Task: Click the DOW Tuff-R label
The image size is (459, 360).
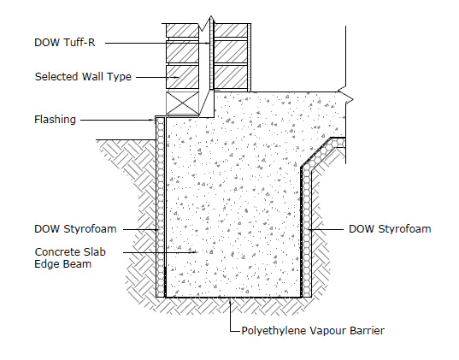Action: pyautogui.click(x=65, y=43)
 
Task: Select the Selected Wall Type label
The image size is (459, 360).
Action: pyautogui.click(x=83, y=77)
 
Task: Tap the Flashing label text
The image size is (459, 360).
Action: pyautogui.click(x=55, y=120)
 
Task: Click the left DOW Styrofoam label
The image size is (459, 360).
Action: pyautogui.click(x=75, y=229)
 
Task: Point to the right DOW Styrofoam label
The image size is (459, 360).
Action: pyautogui.click(x=390, y=229)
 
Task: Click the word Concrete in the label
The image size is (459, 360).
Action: pyautogui.click(x=55, y=252)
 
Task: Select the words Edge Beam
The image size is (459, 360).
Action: pyautogui.click(x=63, y=264)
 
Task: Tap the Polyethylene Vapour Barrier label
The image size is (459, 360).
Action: pyautogui.click(x=313, y=331)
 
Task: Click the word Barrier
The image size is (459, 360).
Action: pyautogui.click(x=368, y=331)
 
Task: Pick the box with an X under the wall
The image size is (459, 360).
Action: pyautogui.click(x=182, y=103)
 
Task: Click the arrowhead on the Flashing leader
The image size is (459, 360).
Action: pyautogui.click(x=152, y=120)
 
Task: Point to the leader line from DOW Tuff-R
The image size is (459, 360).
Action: pyautogui.click(x=157, y=44)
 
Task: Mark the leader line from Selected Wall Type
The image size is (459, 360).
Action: pyautogui.click(x=157, y=77)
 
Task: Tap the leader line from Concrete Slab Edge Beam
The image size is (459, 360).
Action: pyautogui.click(x=160, y=252)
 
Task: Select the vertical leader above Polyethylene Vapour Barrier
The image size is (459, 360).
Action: pyautogui.click(x=231, y=315)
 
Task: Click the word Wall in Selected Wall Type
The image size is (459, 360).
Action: pyautogui.click(x=93, y=76)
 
